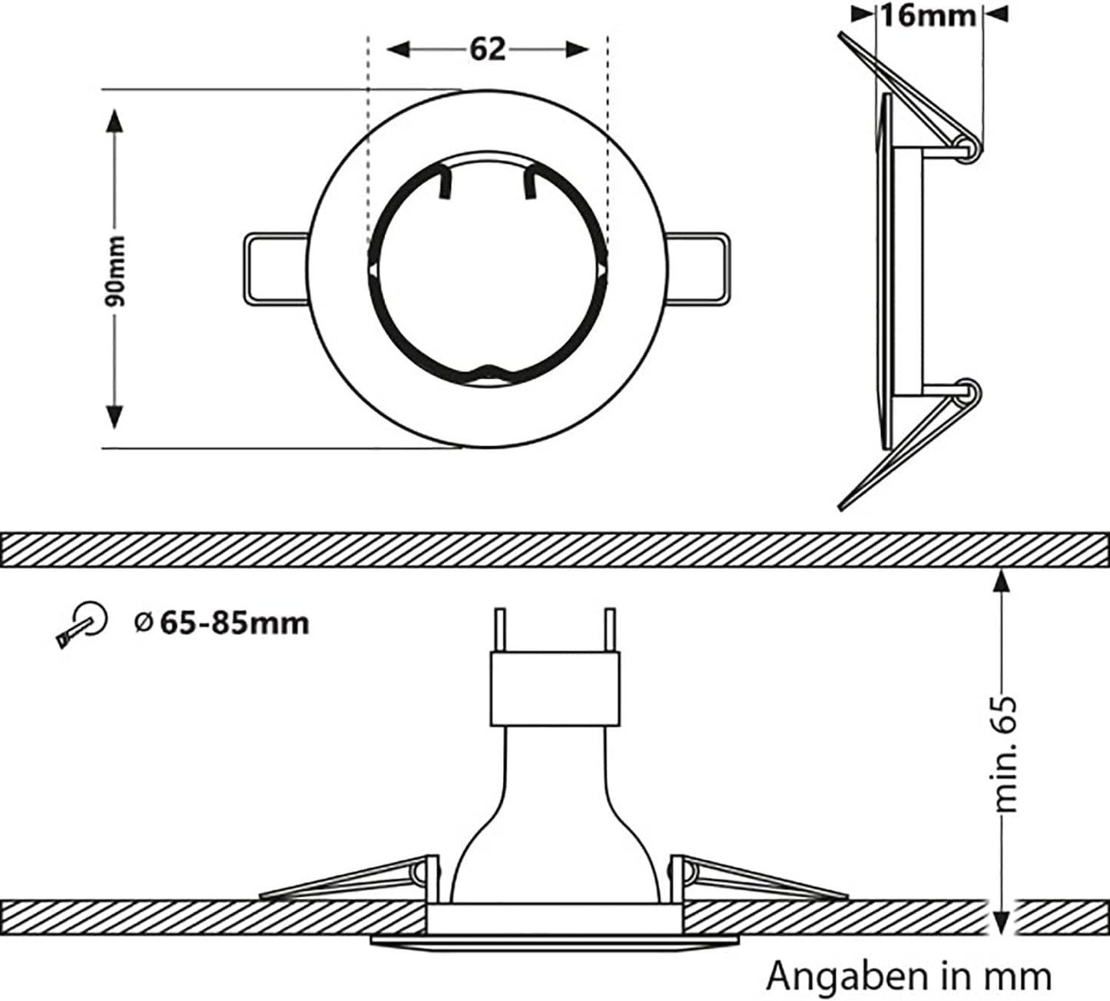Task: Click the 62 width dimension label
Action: point(488,49)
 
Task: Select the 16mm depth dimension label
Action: point(927,15)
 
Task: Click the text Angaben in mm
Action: point(909,976)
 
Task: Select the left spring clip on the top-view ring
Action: point(275,269)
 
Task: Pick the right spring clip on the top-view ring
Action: point(697,269)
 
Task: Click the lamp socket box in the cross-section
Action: point(555,688)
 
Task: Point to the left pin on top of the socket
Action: point(500,630)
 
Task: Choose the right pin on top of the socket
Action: point(610,630)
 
